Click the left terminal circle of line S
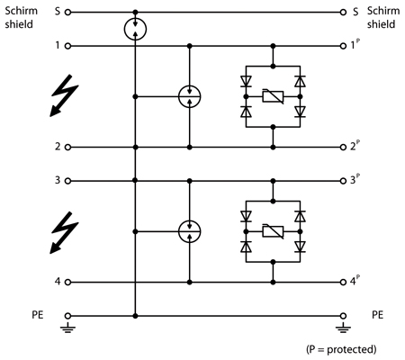coord(68,13)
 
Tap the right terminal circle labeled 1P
coord(343,46)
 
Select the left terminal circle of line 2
coord(68,148)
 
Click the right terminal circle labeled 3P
coord(343,181)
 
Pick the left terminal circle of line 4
coord(68,283)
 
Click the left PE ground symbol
coord(68,328)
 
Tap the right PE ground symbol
coord(343,328)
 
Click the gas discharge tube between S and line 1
coord(135,29)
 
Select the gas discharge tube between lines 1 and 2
coord(189,96)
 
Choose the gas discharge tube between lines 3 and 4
coord(189,231)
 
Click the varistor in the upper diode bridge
coord(273,96)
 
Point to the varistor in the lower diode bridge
coord(273,231)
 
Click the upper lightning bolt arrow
coord(64,95)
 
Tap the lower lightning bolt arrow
coord(64,232)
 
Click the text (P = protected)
coord(341,349)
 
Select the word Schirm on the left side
coord(21,11)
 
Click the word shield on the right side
coord(381,24)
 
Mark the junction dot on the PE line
coord(135,316)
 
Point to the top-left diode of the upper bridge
coord(246,81)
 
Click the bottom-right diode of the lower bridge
coord(300,247)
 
